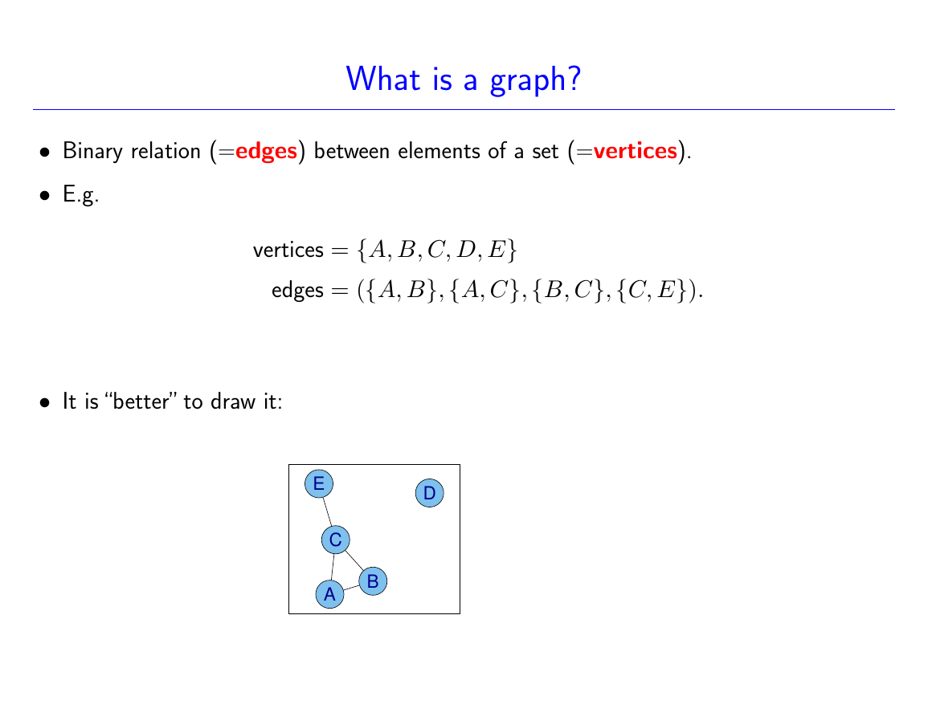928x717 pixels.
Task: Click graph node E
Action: (x=319, y=484)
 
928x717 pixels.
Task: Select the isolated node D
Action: (x=430, y=493)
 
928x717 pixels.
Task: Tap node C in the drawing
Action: (x=336, y=540)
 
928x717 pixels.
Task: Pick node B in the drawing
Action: (x=373, y=581)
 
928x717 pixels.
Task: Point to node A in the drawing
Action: (x=329, y=594)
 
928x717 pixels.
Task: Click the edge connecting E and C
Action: (x=327, y=511)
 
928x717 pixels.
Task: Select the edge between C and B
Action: (x=354, y=560)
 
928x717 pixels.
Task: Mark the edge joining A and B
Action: (x=352, y=588)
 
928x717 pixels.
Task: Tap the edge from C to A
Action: (x=333, y=567)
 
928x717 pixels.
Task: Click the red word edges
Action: (x=266, y=152)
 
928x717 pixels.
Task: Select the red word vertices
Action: (x=635, y=151)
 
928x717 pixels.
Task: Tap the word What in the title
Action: (x=383, y=78)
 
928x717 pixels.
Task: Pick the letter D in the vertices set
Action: (x=466, y=250)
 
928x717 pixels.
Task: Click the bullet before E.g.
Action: (x=45, y=195)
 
